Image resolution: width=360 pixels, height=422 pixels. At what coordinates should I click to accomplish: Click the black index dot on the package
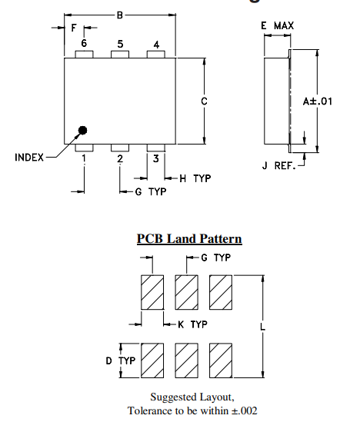pos(83,131)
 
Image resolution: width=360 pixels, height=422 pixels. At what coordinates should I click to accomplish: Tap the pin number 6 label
pos(84,44)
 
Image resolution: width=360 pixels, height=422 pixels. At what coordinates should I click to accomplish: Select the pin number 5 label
pos(120,44)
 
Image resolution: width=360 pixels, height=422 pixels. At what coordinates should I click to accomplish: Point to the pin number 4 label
pos(156,45)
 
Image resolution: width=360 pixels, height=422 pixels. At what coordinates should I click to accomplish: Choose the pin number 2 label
pos(120,159)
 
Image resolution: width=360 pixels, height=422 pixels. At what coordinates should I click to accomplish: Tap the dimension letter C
pos(203,101)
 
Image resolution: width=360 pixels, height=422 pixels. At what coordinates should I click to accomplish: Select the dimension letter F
pos(73,29)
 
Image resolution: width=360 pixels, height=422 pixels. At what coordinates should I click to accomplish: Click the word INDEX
pos(29,158)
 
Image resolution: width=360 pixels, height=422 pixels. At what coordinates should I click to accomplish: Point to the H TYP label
pos(195,178)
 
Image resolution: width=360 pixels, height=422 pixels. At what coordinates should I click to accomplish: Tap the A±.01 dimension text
pos(317,101)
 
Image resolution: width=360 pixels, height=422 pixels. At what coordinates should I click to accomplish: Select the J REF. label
pos(279,166)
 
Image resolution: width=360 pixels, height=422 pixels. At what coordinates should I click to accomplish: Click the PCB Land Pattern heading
pos(189,239)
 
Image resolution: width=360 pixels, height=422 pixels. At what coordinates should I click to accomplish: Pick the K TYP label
pos(192,324)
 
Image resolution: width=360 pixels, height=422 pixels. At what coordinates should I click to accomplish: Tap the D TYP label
pos(121,360)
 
